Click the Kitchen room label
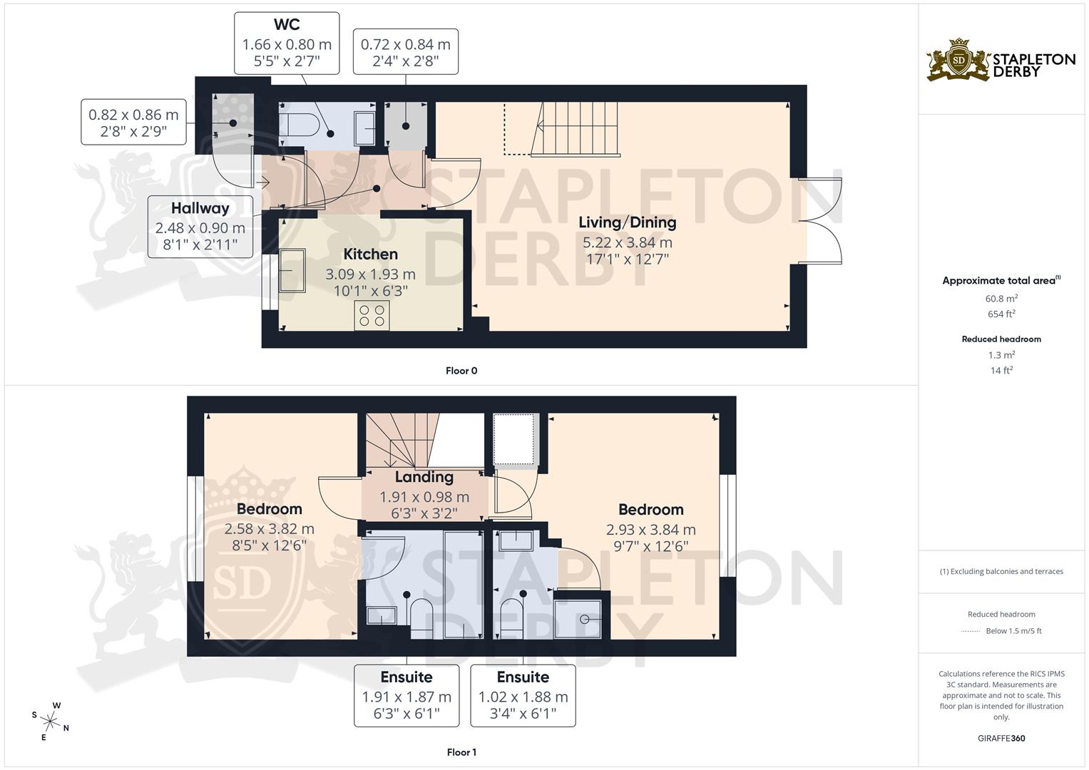[370, 255]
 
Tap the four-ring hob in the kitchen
[372, 315]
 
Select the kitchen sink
[292, 270]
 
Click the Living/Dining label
[627, 222]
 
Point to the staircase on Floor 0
[576, 128]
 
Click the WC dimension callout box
[287, 43]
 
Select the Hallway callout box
[200, 227]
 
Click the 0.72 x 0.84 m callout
[405, 52]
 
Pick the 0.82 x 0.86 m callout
[133, 122]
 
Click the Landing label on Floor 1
[424, 477]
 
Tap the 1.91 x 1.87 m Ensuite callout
[407, 696]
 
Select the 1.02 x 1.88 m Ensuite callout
[523, 696]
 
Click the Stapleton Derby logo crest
[958, 60]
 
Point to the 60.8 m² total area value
[1001, 299]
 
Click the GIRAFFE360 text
[1001, 738]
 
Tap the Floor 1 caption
[461, 752]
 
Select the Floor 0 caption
[461, 371]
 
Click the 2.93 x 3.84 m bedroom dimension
[650, 530]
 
